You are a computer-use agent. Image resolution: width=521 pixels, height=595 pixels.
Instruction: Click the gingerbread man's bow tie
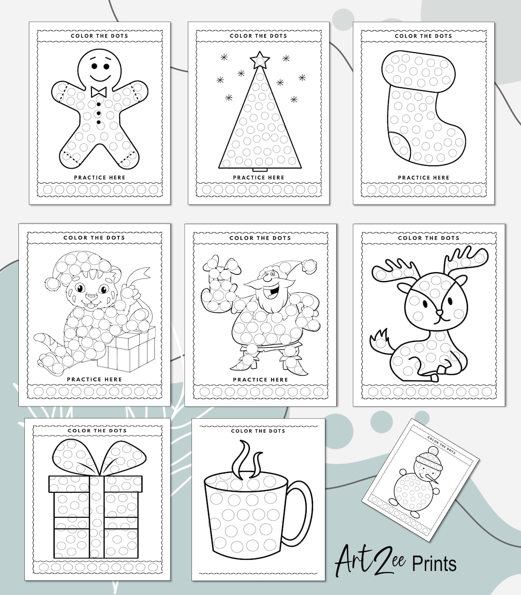[x=99, y=92]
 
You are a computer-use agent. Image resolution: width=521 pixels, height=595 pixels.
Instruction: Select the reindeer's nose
[x=440, y=313]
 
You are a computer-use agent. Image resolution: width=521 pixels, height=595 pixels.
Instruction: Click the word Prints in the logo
[x=434, y=563]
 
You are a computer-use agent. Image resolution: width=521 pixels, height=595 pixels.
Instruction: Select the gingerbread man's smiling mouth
[x=99, y=73]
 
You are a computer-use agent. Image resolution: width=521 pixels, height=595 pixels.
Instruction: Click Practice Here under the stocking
[x=423, y=178]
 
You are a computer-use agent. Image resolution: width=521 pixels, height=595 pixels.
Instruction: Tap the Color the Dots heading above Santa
[x=260, y=238]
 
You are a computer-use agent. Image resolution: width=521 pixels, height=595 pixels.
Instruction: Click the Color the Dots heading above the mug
[x=258, y=431]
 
